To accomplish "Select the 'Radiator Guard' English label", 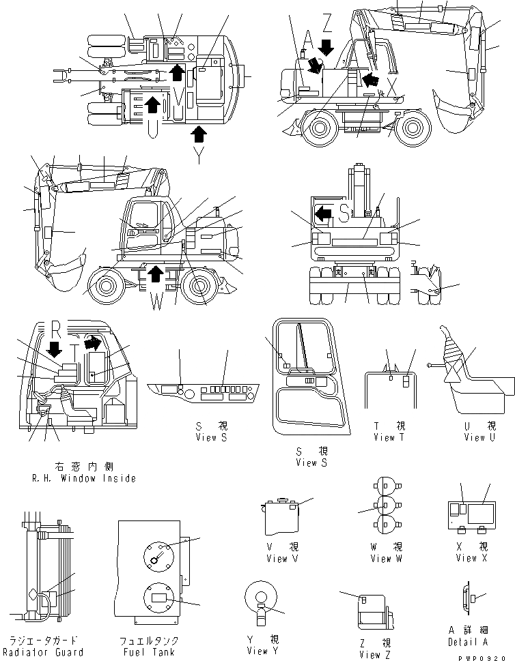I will (x=46, y=652).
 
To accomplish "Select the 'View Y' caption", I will (x=262, y=651).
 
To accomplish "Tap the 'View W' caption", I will (x=381, y=559).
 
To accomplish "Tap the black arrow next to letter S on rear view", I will (x=322, y=216).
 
